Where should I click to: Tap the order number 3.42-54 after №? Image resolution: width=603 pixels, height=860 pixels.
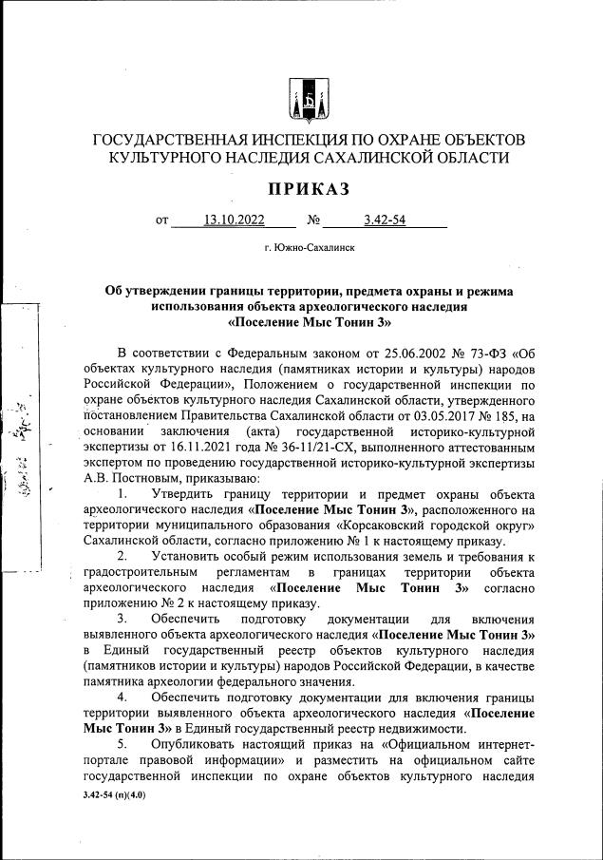385,221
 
